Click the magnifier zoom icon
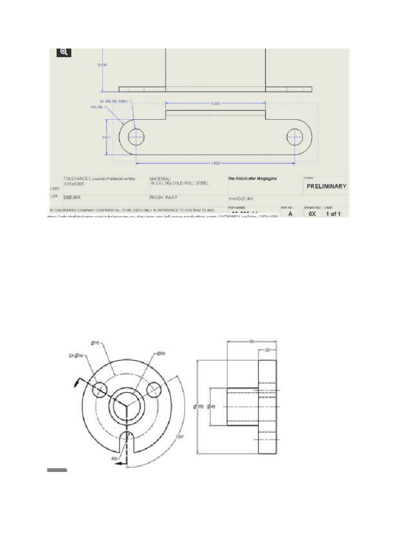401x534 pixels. pos(63,52)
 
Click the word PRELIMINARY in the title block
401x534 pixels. pos(326,186)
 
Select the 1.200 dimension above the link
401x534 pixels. pos(215,104)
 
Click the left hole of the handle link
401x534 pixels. pos(136,137)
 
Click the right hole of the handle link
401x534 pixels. pos(294,137)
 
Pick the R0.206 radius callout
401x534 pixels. pos(97,107)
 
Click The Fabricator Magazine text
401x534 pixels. pos(252,178)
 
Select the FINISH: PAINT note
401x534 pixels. pos(165,198)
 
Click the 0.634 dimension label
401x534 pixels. pos(102,65)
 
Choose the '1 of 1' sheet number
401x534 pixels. pos(333,214)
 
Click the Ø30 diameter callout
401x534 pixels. pos(161,354)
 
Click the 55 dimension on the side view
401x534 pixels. pos(251,342)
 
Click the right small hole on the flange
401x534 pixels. pos(154,390)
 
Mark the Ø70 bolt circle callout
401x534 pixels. pos(95,343)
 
